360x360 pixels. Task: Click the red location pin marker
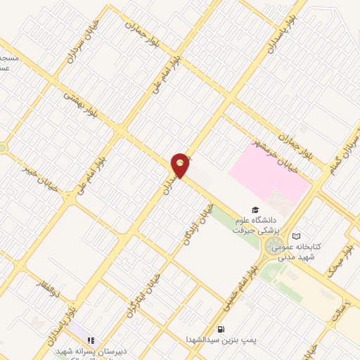[x=181, y=165]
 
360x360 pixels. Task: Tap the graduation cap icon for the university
[x=257, y=210]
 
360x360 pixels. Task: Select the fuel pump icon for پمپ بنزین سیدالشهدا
[x=221, y=328]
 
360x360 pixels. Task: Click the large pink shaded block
[x=270, y=169]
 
